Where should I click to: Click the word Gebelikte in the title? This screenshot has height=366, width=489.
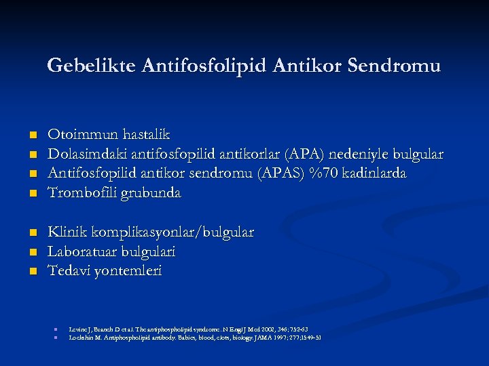pos(92,66)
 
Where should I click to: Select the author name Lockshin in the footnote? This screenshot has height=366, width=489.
pos(81,337)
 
